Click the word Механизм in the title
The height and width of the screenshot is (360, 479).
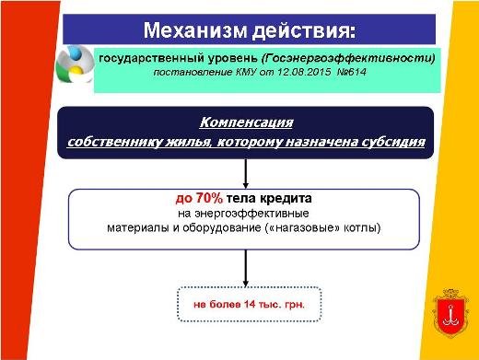pyautogui.click(x=195, y=29)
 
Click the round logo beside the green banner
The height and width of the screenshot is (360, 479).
pyautogui.click(x=75, y=64)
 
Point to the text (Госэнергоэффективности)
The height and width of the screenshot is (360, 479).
pyautogui.click(x=348, y=58)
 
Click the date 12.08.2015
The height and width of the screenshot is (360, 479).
pyautogui.click(x=304, y=72)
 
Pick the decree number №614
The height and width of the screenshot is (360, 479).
pyautogui.click(x=352, y=72)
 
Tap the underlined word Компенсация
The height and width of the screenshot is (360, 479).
pyautogui.click(x=246, y=122)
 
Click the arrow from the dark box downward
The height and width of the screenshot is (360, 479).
pyautogui.click(x=246, y=174)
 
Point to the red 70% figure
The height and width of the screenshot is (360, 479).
pyautogui.click(x=209, y=198)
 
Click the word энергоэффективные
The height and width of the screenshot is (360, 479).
pyautogui.click(x=251, y=213)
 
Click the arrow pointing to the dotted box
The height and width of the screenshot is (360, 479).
pyautogui.click(x=246, y=269)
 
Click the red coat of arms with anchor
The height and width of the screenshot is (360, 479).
pyautogui.click(x=450, y=313)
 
